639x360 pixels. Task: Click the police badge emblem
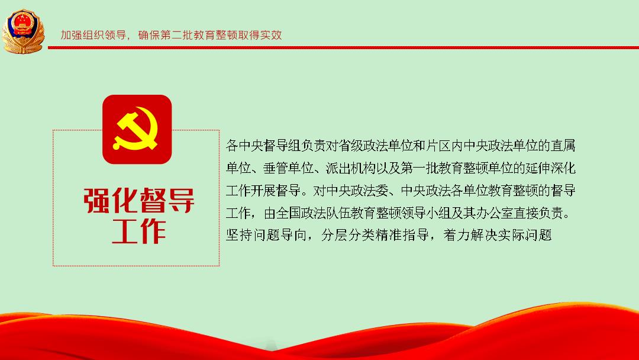pos(23,31)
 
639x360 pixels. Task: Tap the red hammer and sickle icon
pos(137,129)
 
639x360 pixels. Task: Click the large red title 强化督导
pos(139,200)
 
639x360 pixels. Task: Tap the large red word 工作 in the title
pos(139,231)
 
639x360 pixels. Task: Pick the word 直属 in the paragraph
pos(563,146)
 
